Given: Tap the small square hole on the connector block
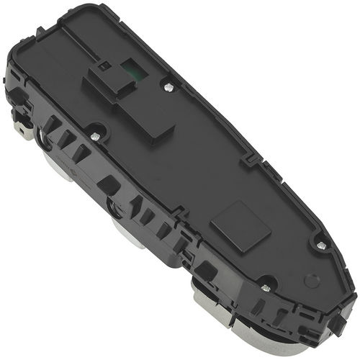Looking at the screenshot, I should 107,67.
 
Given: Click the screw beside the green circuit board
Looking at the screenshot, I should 168,87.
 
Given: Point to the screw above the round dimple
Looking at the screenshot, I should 320,246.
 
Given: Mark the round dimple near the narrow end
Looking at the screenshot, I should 311,278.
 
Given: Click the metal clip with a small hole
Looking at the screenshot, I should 22,130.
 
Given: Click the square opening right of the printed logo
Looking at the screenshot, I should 108,186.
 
